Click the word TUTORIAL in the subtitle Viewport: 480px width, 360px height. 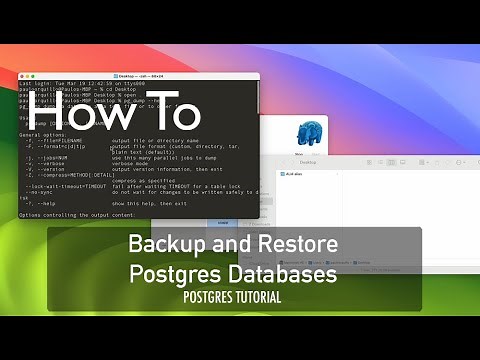click(254, 297)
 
